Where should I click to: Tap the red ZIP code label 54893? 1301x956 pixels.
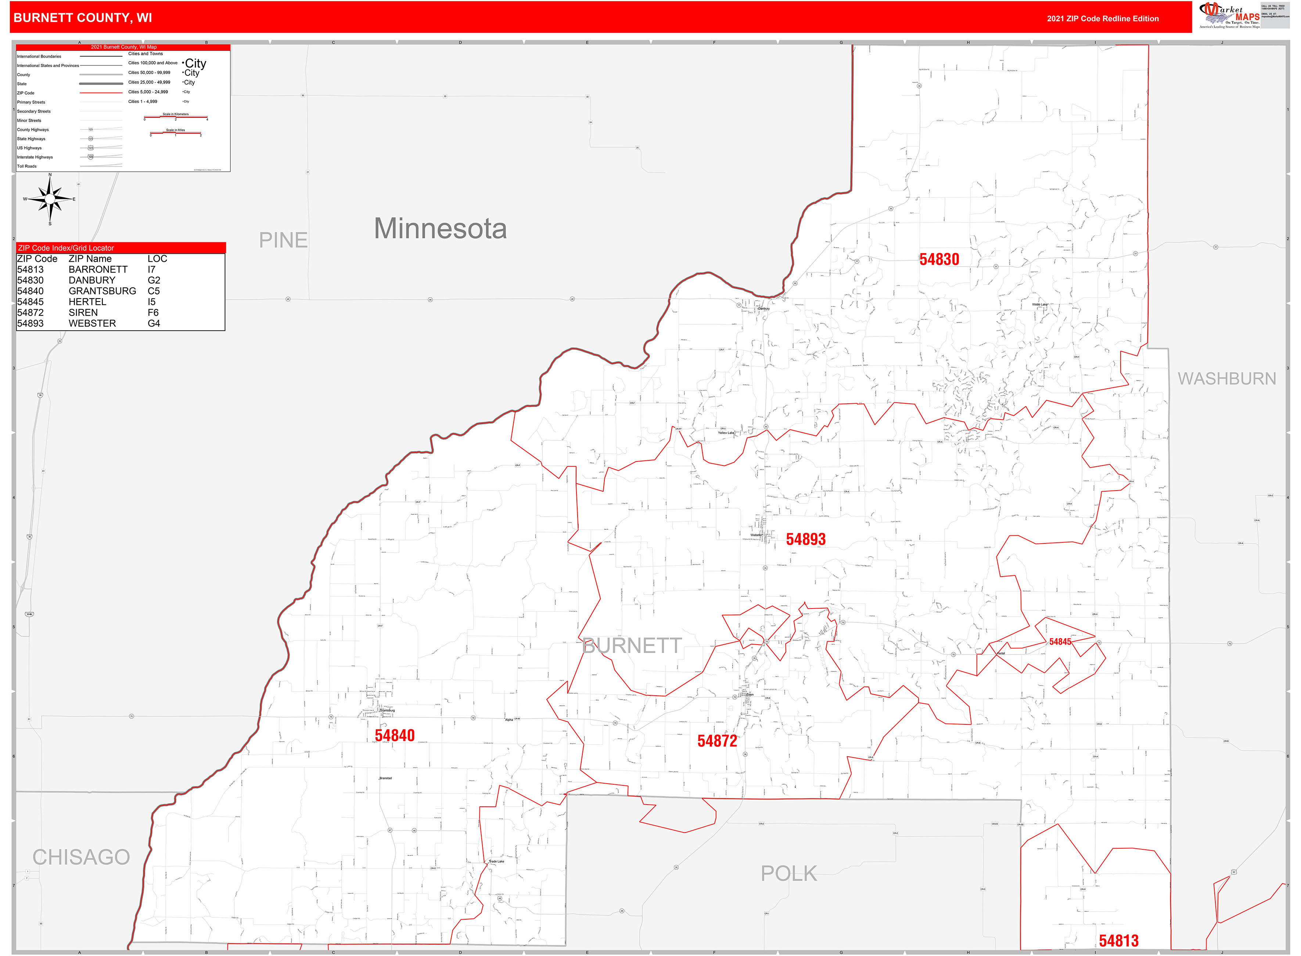805,540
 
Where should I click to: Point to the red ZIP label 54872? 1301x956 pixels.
717,741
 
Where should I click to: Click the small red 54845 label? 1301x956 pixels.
1060,642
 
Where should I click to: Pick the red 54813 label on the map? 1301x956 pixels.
1118,941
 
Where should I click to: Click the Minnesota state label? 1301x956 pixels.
440,229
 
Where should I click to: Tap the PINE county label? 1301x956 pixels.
283,240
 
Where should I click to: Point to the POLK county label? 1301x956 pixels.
789,874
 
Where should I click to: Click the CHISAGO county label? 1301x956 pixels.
81,857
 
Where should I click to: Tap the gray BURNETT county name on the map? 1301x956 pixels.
632,646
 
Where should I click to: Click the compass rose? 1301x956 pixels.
50,199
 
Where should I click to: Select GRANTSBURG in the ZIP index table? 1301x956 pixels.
103,291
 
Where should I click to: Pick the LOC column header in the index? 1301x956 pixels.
157,259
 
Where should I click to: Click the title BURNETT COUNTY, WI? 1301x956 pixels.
83,18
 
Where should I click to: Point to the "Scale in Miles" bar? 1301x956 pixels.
176,133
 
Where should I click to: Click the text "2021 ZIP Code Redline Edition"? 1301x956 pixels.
1103,18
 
